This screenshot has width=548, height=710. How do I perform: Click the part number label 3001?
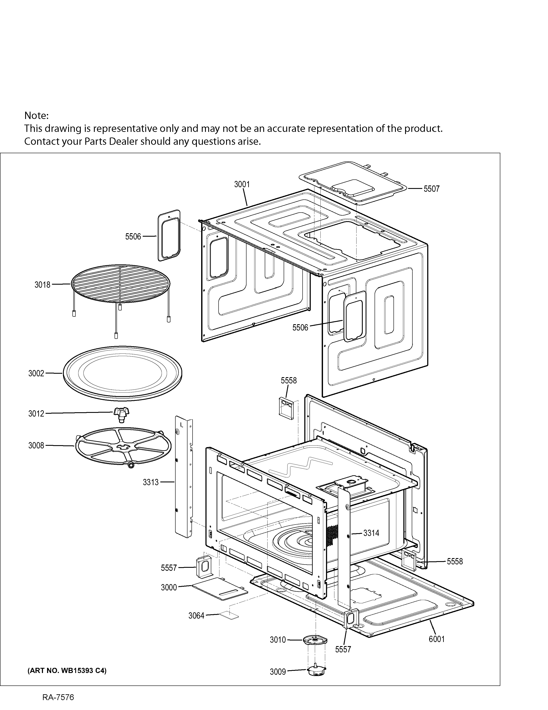point(242,184)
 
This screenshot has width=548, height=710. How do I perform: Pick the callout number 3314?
point(371,533)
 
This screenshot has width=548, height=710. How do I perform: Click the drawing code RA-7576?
point(58,697)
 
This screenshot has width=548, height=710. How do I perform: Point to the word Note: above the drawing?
point(36,115)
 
